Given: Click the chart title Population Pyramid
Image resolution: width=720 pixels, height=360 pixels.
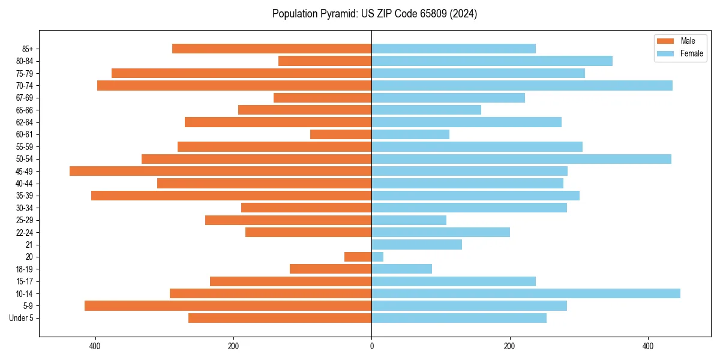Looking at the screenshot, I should (374, 14).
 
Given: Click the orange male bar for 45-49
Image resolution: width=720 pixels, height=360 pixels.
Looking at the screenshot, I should (220, 171).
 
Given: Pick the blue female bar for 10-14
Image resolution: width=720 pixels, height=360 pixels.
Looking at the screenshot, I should (526, 293).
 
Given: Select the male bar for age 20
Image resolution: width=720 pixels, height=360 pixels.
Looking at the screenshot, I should (358, 257).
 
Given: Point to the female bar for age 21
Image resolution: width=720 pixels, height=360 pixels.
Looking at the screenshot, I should (416, 244).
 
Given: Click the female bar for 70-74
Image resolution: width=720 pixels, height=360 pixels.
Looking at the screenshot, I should (522, 85).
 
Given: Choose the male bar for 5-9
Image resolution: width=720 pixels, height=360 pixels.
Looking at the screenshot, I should (228, 305).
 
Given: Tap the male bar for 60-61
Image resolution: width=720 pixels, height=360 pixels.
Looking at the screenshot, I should (341, 134).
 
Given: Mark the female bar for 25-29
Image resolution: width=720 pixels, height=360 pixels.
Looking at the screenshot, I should (409, 220).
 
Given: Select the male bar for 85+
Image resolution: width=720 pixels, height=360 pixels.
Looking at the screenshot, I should (272, 49).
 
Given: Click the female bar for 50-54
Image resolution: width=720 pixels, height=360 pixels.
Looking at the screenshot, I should (521, 159).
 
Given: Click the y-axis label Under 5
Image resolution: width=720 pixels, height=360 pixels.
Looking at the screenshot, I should (21, 318).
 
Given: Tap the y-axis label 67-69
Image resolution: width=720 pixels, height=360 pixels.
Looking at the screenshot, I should (25, 98).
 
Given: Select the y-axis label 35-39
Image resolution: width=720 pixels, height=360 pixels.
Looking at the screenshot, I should (25, 196).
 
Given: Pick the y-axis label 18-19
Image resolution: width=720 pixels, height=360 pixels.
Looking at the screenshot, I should (25, 269).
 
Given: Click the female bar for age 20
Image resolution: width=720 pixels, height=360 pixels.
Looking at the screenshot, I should (377, 257).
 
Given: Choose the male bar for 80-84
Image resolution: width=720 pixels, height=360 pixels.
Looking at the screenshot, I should (325, 61).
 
